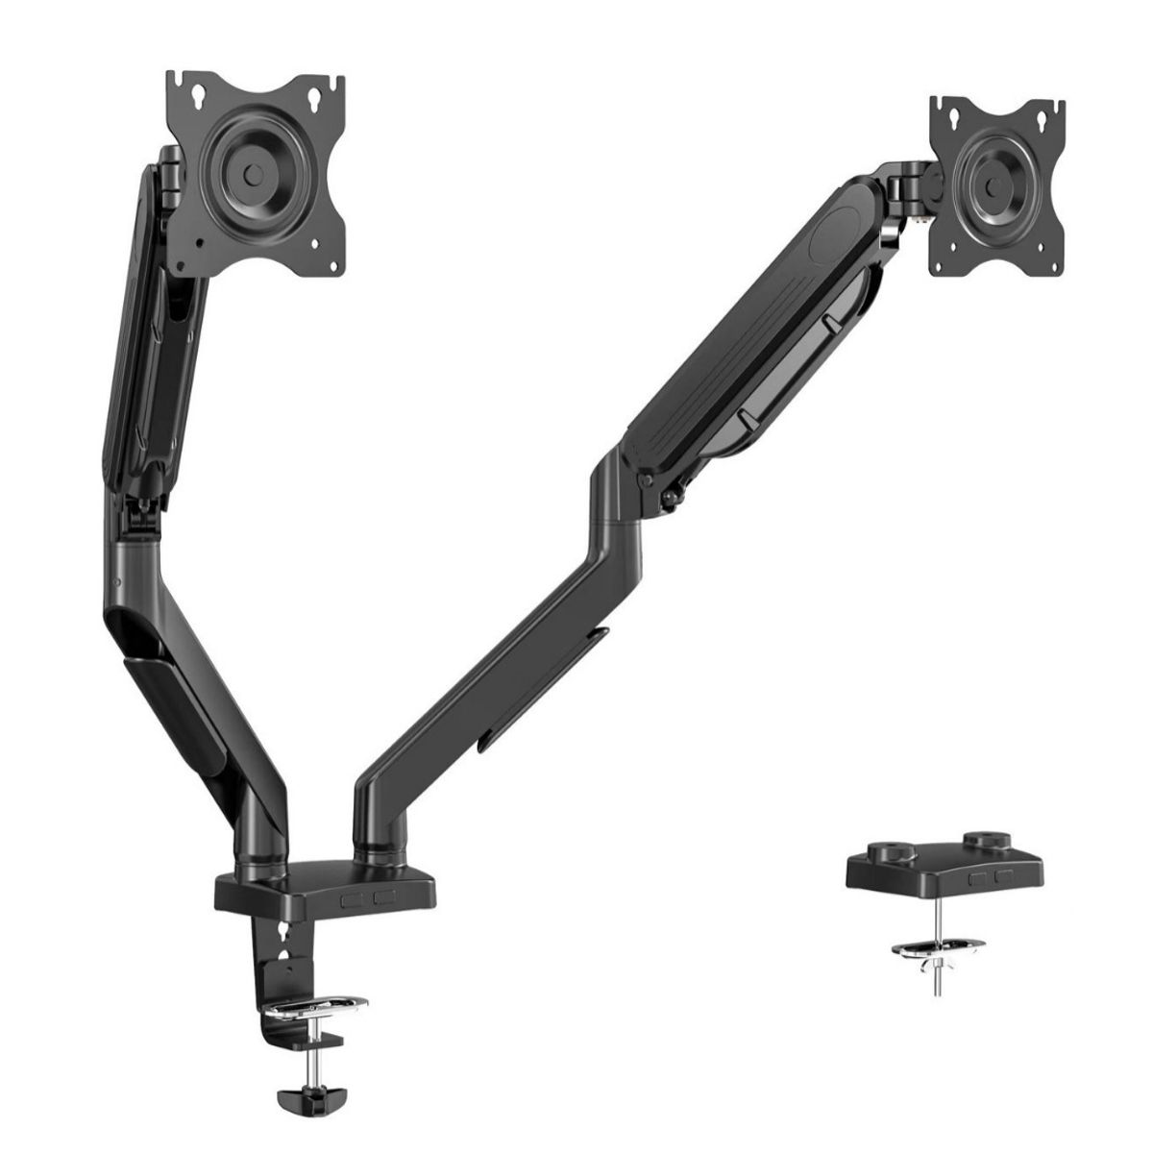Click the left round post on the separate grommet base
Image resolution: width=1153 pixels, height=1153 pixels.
coord(883,849)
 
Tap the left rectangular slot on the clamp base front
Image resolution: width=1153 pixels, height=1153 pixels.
coord(353,897)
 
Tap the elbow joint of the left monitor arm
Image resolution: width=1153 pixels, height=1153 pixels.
coord(135,538)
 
